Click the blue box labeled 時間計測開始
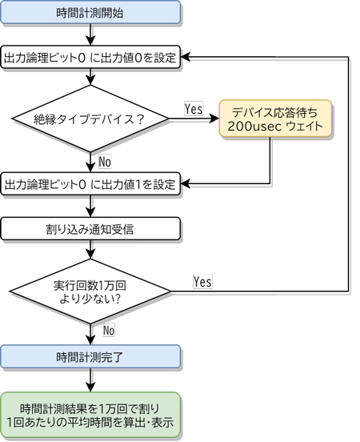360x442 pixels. (x=90, y=12)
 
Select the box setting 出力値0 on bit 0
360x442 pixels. (x=90, y=57)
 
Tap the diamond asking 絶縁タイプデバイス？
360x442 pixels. (x=90, y=119)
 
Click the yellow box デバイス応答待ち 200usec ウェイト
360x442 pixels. (x=275, y=119)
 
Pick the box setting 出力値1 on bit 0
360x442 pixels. (x=90, y=184)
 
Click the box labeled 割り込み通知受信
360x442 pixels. (x=90, y=229)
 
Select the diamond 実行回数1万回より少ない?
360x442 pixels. (x=90, y=291)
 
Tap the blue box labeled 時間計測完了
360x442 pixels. (x=90, y=356)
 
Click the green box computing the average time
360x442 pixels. (x=90, y=416)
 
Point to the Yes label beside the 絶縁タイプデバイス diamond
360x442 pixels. (x=194, y=109)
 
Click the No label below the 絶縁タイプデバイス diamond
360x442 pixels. (x=105, y=162)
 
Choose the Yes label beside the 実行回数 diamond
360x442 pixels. (x=202, y=281)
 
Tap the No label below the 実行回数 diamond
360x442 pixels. (x=109, y=330)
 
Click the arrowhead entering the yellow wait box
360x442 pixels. (x=214, y=119)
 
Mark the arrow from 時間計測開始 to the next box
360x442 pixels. (x=90, y=34)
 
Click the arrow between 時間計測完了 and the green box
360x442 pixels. (x=90, y=380)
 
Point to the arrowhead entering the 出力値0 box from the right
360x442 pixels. (x=186, y=57)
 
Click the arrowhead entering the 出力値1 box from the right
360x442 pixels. (x=186, y=184)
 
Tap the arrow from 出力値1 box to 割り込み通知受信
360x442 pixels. (x=90, y=206)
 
